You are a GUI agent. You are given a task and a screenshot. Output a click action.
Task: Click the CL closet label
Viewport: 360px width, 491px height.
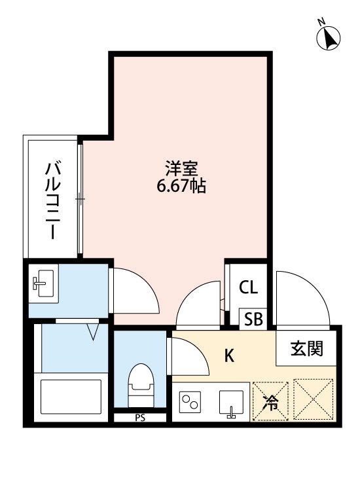(247, 287)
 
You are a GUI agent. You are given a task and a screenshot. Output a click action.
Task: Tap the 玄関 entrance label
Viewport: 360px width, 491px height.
(307, 348)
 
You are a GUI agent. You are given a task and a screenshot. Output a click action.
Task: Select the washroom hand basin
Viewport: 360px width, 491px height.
(43, 283)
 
